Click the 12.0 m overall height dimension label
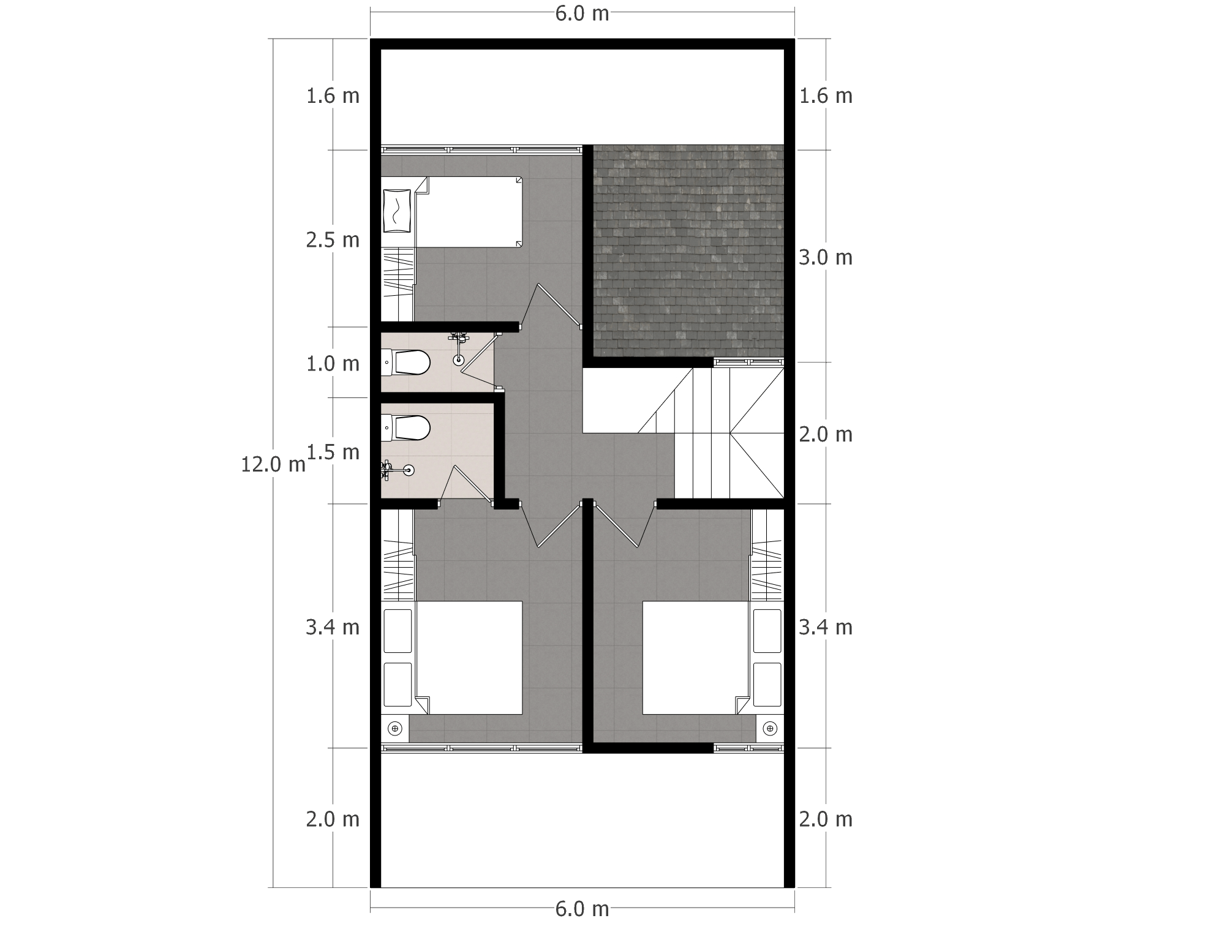273,465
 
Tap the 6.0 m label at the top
582,13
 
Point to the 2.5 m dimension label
333,240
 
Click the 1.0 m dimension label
333,364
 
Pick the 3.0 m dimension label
826,258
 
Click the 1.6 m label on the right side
826,96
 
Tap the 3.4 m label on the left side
333,628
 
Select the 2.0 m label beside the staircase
826,435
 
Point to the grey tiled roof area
688,250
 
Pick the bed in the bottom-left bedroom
469,658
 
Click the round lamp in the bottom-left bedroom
395,729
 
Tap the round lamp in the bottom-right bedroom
770,729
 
